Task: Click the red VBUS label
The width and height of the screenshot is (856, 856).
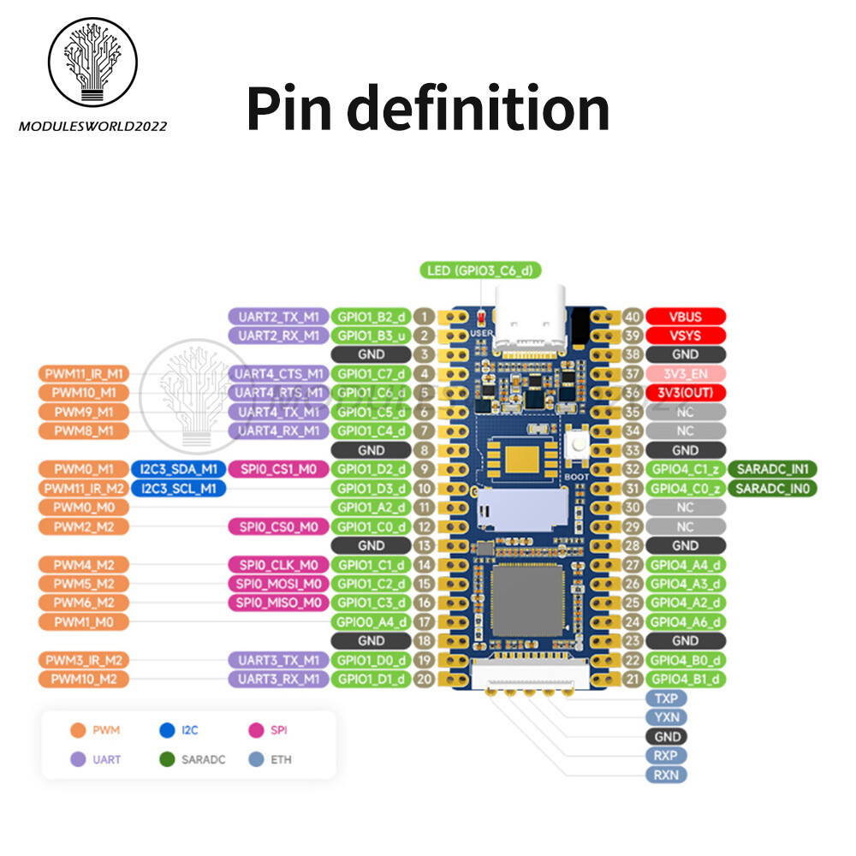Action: point(686,317)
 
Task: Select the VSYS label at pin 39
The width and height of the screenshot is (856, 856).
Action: point(686,336)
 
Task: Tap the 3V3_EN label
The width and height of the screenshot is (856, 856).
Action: point(686,374)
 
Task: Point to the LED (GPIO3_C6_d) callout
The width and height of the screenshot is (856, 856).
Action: point(480,271)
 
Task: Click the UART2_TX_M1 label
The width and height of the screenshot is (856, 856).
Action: point(278,317)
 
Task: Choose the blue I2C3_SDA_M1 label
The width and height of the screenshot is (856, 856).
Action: point(178,469)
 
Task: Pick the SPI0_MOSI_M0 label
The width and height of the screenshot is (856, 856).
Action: point(278,584)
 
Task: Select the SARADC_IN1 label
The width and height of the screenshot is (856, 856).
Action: point(772,469)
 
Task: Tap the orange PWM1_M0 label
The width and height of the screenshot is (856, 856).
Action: point(83,621)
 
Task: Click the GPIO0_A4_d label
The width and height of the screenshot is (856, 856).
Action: point(372,621)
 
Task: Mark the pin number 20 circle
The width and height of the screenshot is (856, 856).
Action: point(423,679)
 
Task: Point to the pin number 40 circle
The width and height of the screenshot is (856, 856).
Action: point(633,317)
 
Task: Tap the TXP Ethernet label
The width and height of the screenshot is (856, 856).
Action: point(665,698)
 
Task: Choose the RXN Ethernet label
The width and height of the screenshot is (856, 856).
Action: point(665,775)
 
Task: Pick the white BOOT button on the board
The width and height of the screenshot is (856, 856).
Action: point(574,443)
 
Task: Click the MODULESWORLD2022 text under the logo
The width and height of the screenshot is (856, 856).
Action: point(92,126)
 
